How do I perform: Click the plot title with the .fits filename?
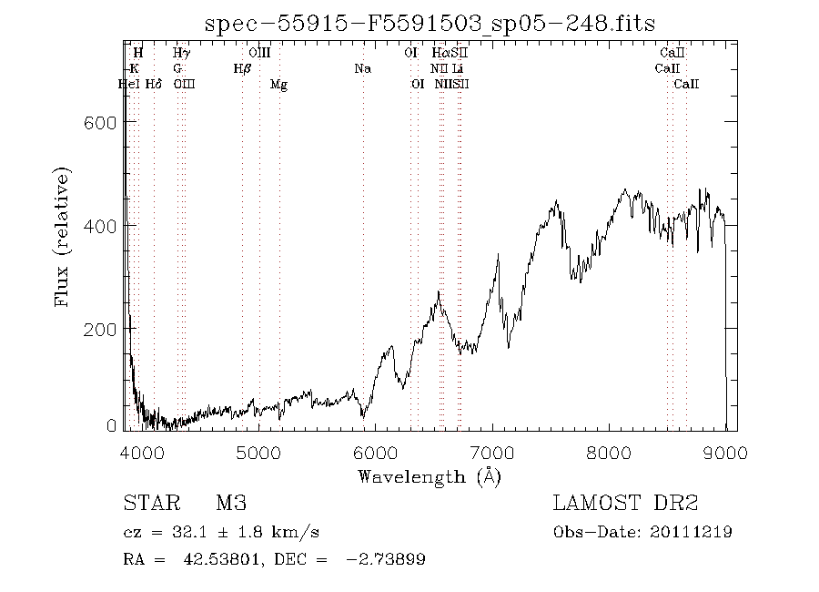pos(430,23)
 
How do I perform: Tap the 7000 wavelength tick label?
pos(491,450)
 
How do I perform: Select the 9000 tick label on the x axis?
pos(725,450)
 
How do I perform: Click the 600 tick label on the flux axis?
pos(101,122)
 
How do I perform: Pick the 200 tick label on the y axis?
pos(101,328)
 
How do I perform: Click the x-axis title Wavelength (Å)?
pos(430,475)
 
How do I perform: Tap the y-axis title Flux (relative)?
pos(63,237)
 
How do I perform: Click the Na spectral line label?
pos(362,68)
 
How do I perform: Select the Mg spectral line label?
pos(279,84)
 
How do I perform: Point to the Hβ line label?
pos(242,68)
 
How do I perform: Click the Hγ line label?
pos(182,53)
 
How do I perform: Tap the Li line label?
pos(458,68)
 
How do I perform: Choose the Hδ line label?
pos(154,84)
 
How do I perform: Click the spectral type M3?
pos(230,504)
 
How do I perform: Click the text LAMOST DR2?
pos(624,504)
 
